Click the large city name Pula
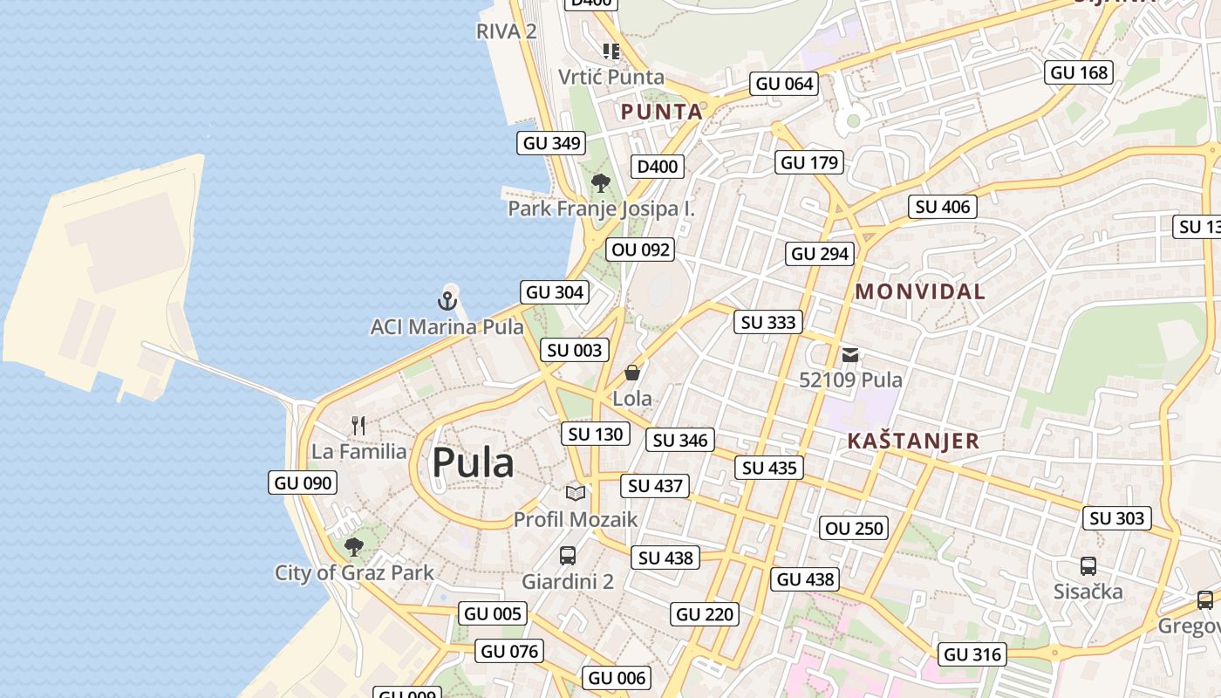pos(473,462)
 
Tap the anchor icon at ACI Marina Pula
pos(447,302)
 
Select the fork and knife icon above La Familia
pos(358,426)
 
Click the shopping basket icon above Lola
pos(632,373)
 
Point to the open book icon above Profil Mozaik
pos(576,493)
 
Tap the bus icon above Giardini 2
pos(568,555)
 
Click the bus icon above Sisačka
pos(1088,565)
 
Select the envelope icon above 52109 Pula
pos(850,354)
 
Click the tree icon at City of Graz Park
pos(353,547)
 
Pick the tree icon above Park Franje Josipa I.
pos(600,183)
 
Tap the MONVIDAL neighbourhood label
pos(920,291)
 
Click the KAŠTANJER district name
pos(913,441)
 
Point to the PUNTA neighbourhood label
pos(661,112)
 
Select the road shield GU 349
pos(551,143)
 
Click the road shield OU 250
pos(855,528)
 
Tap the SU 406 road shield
pos(942,207)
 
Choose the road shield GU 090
pos(303,482)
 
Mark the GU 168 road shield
pos(1080,72)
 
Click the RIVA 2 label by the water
pos(506,31)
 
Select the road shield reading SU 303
pos(1117,518)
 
